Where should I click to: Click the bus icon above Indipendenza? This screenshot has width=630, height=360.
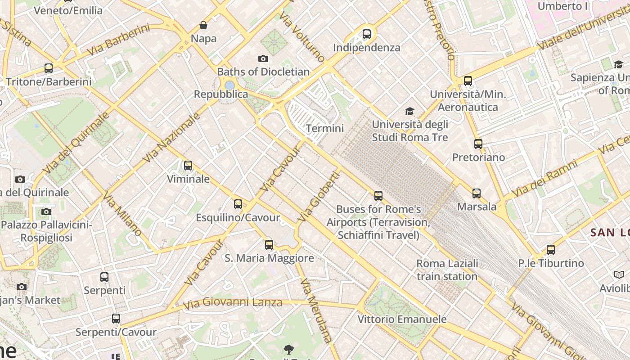click(x=367, y=34)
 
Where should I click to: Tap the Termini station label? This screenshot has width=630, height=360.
click(x=324, y=128)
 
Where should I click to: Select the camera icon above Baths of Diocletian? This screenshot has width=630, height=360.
click(x=263, y=58)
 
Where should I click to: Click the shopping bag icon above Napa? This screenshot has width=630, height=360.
click(x=203, y=25)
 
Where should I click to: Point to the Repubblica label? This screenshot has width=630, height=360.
click(x=221, y=94)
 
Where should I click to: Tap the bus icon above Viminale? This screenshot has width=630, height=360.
click(x=188, y=166)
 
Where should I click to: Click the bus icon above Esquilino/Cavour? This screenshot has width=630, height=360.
click(x=238, y=204)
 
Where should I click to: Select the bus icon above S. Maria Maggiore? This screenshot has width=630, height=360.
click(x=269, y=245)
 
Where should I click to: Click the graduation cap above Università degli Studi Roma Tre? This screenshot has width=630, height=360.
click(x=409, y=111)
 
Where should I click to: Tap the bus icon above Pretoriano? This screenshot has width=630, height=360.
click(x=478, y=144)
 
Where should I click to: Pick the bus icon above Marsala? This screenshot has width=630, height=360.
click(x=477, y=193)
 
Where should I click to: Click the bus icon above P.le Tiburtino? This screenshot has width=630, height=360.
click(x=551, y=250)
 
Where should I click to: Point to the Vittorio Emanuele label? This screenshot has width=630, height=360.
click(x=402, y=319)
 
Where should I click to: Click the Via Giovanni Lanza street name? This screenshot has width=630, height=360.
click(x=233, y=303)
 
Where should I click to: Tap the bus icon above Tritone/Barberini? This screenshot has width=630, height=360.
click(x=49, y=68)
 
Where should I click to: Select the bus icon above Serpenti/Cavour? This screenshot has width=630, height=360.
click(x=116, y=319)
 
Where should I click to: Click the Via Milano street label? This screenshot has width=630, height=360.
click(x=122, y=215)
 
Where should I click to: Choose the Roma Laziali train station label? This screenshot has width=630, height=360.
click(x=447, y=270)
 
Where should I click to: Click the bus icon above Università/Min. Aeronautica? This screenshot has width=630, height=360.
click(x=468, y=81)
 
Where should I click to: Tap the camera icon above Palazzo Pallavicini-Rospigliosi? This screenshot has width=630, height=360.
click(x=46, y=211)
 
